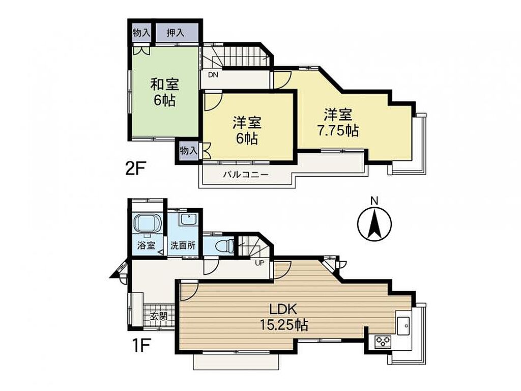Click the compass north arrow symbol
[374, 224]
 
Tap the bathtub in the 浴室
[147, 224]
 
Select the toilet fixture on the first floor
[225, 246]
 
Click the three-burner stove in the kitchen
[383, 342]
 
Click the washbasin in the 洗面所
[188, 219]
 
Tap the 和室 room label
[165, 85]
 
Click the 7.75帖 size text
[338, 131]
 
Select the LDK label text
[283, 310]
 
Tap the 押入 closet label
[176, 33]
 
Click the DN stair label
[213, 75]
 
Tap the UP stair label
[259, 263]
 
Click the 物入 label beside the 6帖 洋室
[188, 151]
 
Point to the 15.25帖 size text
[284, 324]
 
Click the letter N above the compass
[374, 201]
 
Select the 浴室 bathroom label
[146, 246]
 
